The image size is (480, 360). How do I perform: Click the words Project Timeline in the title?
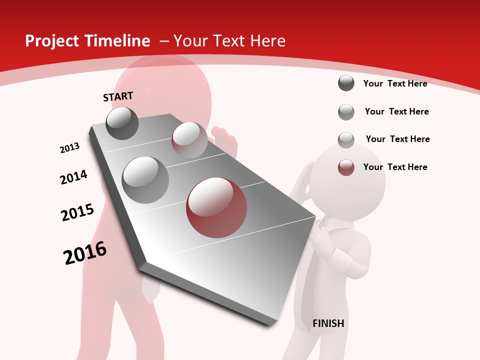tap(87, 41)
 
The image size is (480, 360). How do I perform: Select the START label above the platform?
tap(118, 96)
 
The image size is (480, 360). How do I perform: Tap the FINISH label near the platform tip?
tap(328, 323)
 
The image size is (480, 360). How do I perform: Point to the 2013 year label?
tap(69, 148)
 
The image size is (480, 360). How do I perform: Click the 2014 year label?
tap(73, 177)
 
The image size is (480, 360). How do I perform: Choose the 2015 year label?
tap(77, 212)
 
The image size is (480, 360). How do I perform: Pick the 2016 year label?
tap(85, 253)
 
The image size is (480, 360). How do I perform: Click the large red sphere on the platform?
tap(216, 207)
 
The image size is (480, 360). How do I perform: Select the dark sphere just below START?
tap(122, 123)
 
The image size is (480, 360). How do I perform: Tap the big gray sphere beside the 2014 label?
tap(145, 180)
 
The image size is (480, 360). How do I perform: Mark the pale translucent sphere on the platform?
tap(189, 139)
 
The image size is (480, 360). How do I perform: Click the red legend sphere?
tap(346, 167)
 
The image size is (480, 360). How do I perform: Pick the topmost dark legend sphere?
tap(346, 83)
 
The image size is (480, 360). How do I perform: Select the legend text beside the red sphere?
tap(395, 167)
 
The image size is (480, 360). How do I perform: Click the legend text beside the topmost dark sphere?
tap(395, 83)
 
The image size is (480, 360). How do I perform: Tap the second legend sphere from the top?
tap(346, 112)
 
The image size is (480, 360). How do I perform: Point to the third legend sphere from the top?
tap(346, 139)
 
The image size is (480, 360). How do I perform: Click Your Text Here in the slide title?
tap(229, 41)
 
